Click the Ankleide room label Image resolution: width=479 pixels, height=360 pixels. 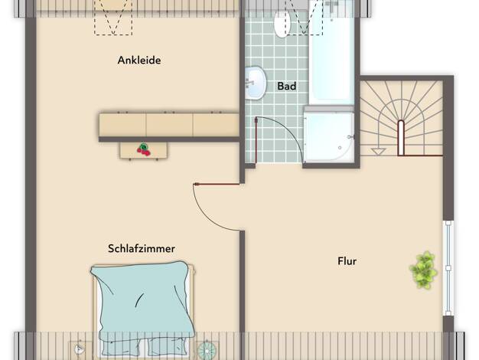pos(139,61)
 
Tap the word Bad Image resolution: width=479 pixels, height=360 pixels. pos(286,87)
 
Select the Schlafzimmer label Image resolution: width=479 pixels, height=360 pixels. pos(142,248)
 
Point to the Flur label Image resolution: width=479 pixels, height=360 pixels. pos(347,261)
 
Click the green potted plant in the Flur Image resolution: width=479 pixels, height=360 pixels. pos(423,270)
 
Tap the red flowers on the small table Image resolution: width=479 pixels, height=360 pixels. pos(143,149)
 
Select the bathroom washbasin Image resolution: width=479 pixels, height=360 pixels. pos(255,83)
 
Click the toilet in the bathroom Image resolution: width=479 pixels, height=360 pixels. pos(282,24)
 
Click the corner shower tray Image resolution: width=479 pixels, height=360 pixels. pos(329,135)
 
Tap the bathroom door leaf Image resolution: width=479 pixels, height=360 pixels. pos(256,140)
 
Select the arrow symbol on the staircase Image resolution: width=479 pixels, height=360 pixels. pos(379,152)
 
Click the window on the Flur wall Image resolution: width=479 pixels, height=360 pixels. pos(448,268)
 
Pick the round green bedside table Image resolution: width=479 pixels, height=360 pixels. pos(207,350)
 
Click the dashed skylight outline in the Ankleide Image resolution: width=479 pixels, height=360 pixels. pos(113,18)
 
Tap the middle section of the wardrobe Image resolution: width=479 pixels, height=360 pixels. pos(170,125)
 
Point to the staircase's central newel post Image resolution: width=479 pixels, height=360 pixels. pos(401,138)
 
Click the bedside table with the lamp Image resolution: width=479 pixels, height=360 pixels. pos(80,349)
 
